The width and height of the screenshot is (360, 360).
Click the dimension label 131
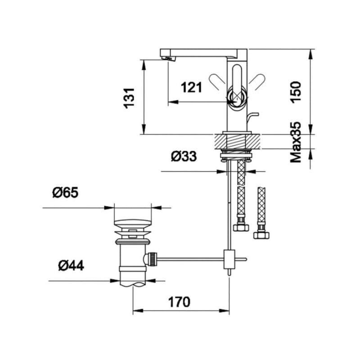pos(129,98)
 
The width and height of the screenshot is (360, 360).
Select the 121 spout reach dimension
pos(191,87)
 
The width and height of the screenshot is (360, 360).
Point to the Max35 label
pos(296,142)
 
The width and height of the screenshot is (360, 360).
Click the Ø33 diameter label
pos(184,156)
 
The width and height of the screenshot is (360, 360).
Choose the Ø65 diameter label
pos(65,193)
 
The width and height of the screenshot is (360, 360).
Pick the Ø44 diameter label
pos(71,265)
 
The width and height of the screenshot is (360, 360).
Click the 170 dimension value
pos(179,302)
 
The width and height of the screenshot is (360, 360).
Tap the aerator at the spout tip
pos(169,58)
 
